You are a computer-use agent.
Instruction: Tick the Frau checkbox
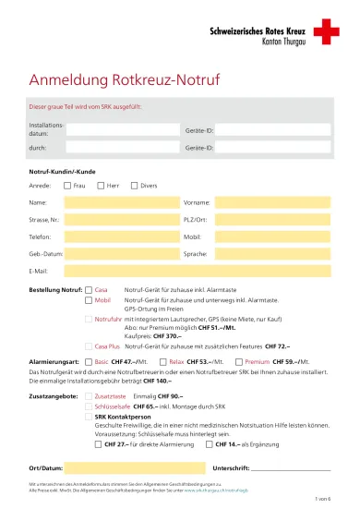click(67, 185)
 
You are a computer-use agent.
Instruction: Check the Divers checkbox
click(133, 185)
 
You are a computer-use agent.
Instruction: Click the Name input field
click(121, 202)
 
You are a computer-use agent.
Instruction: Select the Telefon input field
click(121, 236)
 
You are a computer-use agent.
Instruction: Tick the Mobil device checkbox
click(89, 300)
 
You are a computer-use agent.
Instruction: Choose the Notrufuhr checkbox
click(89, 318)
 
